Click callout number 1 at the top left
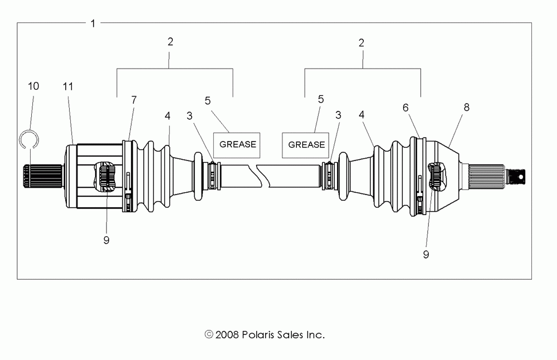(x=93, y=23)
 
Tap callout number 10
(x=33, y=86)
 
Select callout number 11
(x=68, y=86)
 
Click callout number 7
(x=134, y=100)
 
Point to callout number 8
(x=466, y=108)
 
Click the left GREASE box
(x=237, y=144)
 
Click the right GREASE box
(x=306, y=144)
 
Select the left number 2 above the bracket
(x=170, y=42)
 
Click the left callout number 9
(x=106, y=240)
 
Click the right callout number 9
(x=426, y=254)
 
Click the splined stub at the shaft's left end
(x=42, y=177)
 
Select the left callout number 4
(x=167, y=115)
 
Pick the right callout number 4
(x=362, y=114)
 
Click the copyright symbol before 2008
(x=209, y=335)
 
